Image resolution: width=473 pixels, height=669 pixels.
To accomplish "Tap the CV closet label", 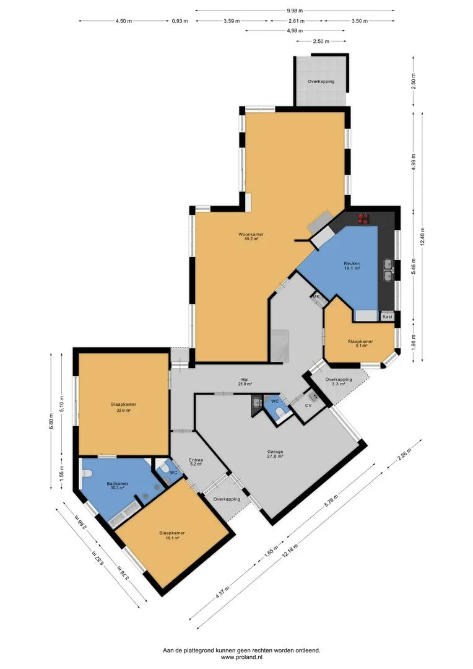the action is pos(308,405).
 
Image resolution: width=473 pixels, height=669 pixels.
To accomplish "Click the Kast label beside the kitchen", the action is pos(388,317).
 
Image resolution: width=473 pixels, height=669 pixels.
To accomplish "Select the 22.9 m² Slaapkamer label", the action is pos(124,407).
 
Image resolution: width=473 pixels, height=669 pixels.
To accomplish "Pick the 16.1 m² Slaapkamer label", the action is pos(172,535).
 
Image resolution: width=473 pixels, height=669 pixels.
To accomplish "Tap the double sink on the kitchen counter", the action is pos(388,271).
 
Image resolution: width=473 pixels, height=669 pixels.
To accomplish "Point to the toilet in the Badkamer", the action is pos(86,474).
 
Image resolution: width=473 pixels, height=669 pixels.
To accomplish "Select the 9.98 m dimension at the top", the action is pos(295,11).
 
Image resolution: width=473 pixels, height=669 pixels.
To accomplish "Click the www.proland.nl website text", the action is pos(241,657).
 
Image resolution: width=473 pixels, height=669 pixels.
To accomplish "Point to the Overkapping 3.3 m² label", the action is pos(338,382).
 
